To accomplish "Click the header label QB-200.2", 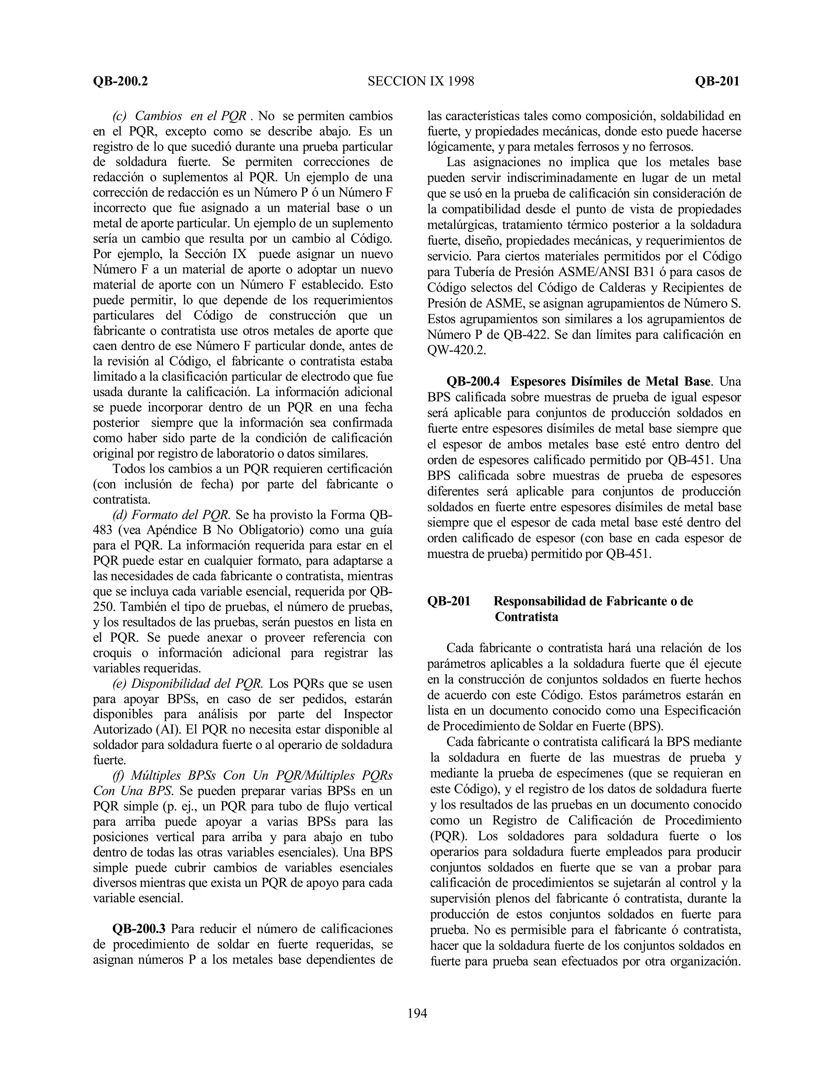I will (x=120, y=81).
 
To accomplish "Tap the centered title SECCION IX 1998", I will (x=420, y=81).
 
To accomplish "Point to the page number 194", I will (x=417, y=1014).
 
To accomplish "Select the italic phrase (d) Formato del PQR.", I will (x=171, y=515).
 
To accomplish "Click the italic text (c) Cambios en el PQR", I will (x=179, y=116).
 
